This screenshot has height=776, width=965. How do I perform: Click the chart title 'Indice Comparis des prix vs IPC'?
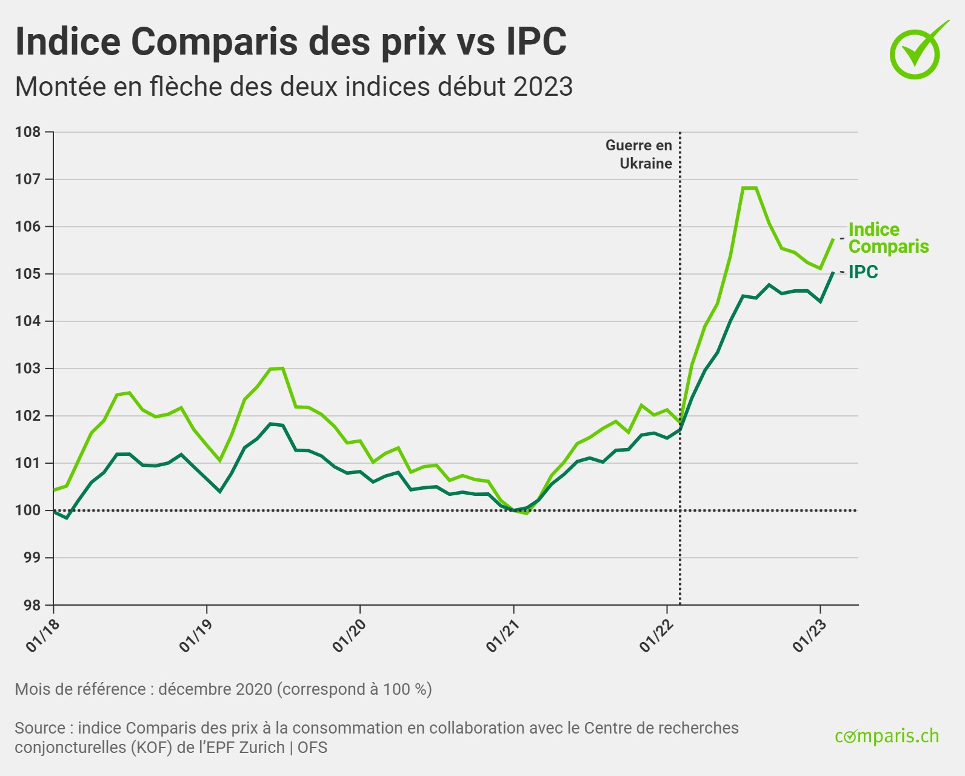point(291,41)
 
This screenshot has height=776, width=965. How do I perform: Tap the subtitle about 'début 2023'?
point(293,87)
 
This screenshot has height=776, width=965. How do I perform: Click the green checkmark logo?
point(917,51)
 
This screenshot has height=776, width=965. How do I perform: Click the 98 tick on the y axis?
point(31,605)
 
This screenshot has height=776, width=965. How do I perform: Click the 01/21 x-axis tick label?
point(499,636)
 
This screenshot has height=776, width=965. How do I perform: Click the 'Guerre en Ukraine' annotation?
point(639,155)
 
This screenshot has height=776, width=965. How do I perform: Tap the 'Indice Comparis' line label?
point(888,238)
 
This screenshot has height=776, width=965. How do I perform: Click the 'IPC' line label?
point(863,272)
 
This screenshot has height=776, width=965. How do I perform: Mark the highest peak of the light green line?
point(749,188)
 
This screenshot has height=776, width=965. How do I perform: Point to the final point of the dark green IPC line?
point(833,273)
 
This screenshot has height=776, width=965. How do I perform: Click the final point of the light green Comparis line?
point(833,239)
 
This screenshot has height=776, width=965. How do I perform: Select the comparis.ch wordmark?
point(887,736)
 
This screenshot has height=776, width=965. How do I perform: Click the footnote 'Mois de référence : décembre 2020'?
point(223,689)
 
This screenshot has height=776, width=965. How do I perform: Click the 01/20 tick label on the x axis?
point(346,636)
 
